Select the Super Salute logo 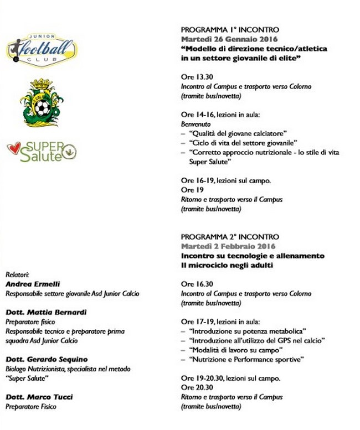click(x=42, y=151)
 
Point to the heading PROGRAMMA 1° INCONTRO click(x=230, y=29)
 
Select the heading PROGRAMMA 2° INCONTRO click(x=230, y=237)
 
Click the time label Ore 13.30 click(x=197, y=77)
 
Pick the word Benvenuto click(x=196, y=125)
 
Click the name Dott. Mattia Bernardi click(x=46, y=312)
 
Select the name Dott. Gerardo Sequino click(x=47, y=360)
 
